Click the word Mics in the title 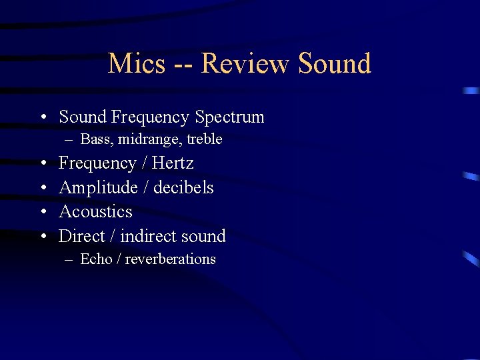pos(136,63)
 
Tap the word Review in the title pos(245,63)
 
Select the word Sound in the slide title pos(335,63)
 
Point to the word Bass pos(96,139)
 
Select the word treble pos(204,139)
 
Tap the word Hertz pos(173,163)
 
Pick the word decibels pos(183,188)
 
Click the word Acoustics pos(95,212)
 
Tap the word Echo pos(96,259)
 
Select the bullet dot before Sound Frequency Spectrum pos(43,118)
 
